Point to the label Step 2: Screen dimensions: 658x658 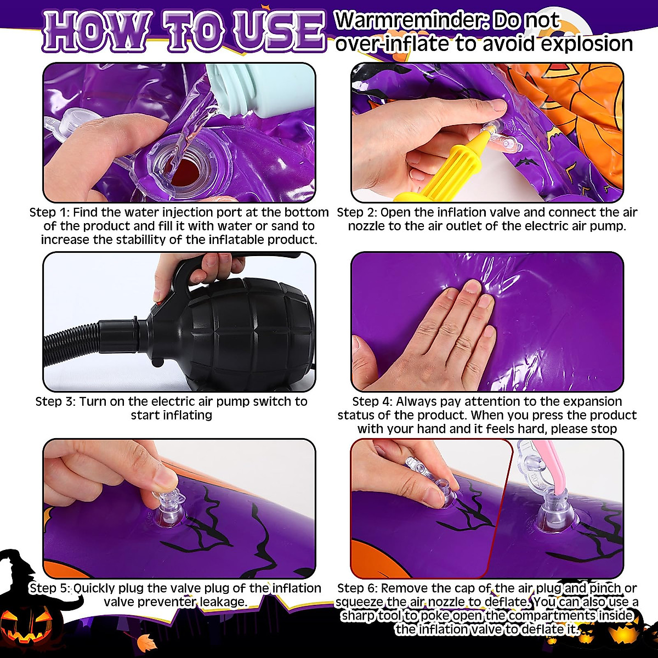357,212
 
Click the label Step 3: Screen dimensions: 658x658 55,401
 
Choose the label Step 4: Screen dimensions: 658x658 372,401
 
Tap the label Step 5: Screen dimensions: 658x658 50,588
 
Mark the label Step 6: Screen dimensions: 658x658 358,588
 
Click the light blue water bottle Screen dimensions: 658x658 244,90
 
